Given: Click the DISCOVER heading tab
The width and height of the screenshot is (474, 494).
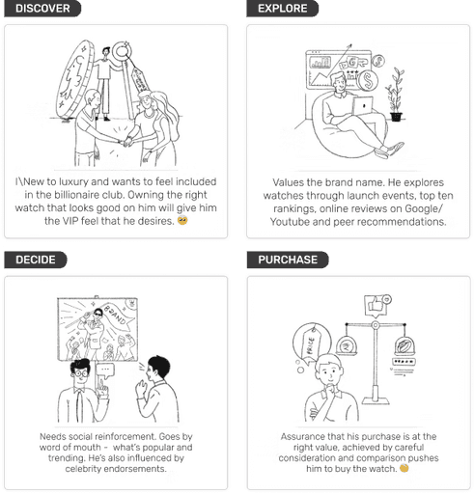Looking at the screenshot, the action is click(42, 9).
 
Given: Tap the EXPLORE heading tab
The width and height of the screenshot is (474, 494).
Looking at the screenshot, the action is click(282, 9).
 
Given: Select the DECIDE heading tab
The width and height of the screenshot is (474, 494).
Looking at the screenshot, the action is click(36, 260).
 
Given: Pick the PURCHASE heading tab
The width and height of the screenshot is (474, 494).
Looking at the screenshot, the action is click(288, 260).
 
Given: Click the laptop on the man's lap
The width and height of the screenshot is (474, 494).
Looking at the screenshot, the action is click(363, 105).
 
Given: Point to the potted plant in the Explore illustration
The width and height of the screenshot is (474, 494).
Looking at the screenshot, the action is click(396, 95).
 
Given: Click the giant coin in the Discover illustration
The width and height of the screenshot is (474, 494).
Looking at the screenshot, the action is click(75, 79).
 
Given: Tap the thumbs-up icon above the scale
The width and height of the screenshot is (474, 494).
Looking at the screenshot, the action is click(377, 304).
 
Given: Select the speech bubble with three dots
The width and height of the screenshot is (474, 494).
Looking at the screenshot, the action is click(105, 370).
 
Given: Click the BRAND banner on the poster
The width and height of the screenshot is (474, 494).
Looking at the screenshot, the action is click(118, 315).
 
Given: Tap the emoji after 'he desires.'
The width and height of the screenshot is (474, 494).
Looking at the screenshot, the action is click(182, 221).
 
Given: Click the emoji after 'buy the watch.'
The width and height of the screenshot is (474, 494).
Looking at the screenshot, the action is click(404, 468).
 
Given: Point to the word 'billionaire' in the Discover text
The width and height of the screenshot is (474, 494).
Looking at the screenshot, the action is click(73, 195).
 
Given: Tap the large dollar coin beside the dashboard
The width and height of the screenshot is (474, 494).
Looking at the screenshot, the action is click(368, 80).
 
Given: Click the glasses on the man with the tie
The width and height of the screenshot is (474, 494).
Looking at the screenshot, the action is click(80, 373).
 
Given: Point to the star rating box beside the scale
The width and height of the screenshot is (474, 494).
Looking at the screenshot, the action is click(404, 362).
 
